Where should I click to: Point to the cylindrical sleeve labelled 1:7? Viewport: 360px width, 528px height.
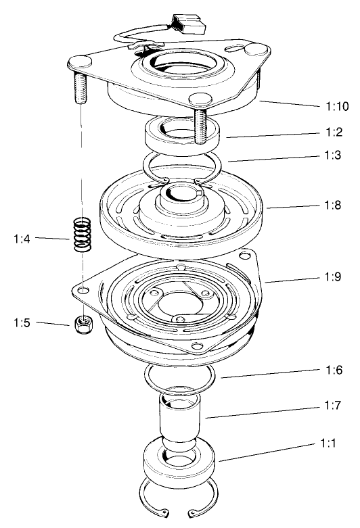point(179,419)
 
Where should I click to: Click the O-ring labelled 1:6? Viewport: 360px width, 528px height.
point(179,375)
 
